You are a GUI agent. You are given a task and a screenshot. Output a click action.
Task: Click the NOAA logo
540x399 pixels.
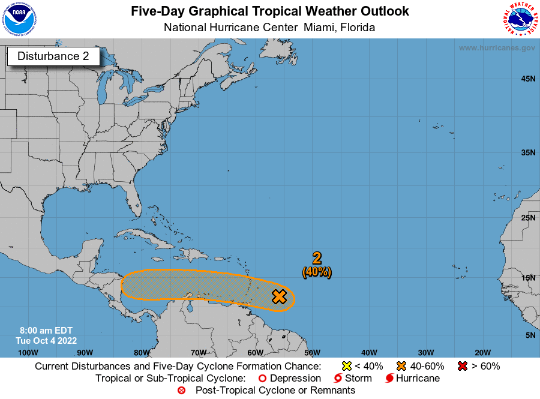(19, 20)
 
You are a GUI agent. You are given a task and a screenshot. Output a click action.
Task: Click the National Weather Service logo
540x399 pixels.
(520, 20)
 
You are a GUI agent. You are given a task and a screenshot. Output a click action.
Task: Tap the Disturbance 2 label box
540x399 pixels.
(53, 56)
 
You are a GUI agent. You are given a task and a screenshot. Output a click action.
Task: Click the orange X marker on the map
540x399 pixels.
(279, 296)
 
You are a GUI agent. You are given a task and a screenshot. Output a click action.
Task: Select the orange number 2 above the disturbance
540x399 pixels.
(317, 259)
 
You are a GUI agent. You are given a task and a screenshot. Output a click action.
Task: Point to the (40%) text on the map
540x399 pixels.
(317, 272)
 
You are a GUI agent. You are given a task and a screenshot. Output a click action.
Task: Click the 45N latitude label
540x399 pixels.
(528, 79)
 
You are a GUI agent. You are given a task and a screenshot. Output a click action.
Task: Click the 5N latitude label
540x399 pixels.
(530, 335)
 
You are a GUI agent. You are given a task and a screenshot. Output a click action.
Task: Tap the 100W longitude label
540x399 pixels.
(28, 352)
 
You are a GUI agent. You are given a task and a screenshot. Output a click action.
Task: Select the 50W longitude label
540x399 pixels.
(312, 352)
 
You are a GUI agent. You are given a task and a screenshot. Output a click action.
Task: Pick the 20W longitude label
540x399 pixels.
(482, 352)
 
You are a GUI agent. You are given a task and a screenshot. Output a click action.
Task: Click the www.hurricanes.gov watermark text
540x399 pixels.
(497, 47)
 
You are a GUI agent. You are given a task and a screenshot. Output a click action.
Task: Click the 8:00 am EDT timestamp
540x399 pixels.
(46, 331)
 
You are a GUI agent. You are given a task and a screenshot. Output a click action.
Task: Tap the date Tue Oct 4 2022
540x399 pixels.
(46, 340)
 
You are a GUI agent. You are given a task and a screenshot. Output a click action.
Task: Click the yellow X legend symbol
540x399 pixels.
(346, 366)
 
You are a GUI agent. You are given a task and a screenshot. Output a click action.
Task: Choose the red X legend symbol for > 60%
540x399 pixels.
(463, 366)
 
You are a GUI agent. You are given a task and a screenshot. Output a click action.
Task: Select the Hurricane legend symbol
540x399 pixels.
(389, 379)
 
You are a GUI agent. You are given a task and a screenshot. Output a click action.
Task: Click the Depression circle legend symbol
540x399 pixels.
(262, 379)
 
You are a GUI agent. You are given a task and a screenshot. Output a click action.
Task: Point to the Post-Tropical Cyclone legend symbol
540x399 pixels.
(182, 391)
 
